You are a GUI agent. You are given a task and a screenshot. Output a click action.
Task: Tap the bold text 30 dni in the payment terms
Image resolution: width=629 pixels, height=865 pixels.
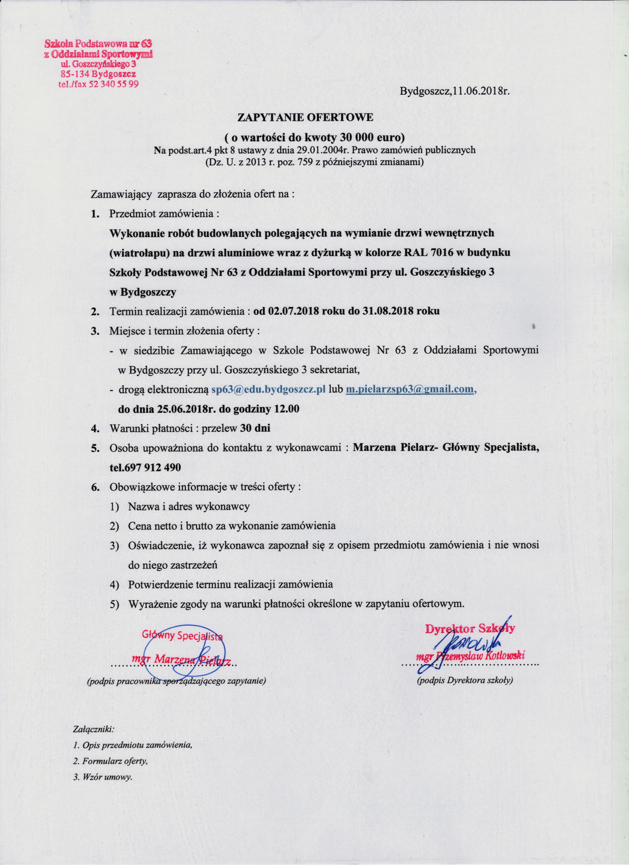point(255,428)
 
